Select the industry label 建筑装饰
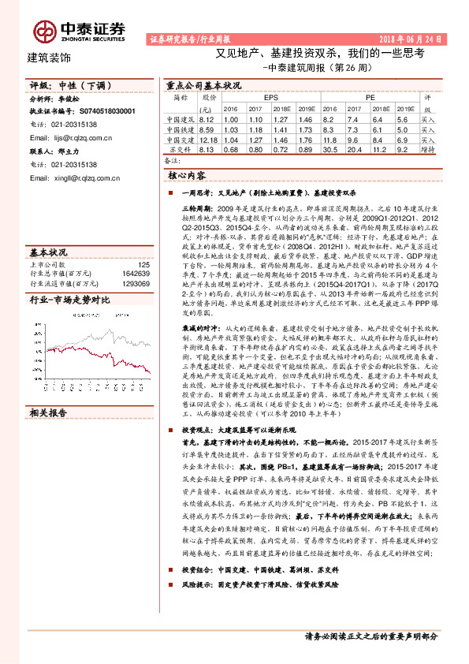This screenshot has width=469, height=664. click(49, 58)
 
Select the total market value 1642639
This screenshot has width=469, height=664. click(133, 273)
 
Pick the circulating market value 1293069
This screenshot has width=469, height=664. click(133, 282)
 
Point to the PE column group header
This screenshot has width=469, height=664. click(370, 97)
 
